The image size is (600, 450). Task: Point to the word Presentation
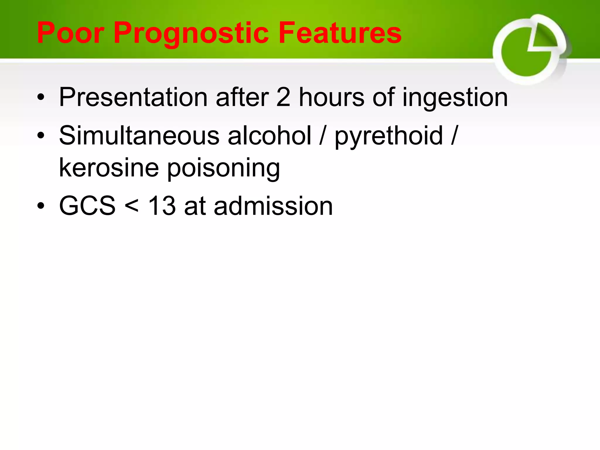(x=133, y=97)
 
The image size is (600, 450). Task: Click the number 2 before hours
(x=283, y=97)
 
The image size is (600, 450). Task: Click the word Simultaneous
(x=139, y=135)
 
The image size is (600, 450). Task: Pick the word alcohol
(x=270, y=135)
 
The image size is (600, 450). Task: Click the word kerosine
(x=109, y=168)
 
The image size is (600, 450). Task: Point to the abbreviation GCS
(x=87, y=206)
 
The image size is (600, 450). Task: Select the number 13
(x=162, y=206)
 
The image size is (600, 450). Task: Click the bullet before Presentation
(x=41, y=98)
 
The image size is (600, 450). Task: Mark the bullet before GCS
(x=41, y=206)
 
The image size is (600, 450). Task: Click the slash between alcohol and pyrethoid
(x=323, y=135)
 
